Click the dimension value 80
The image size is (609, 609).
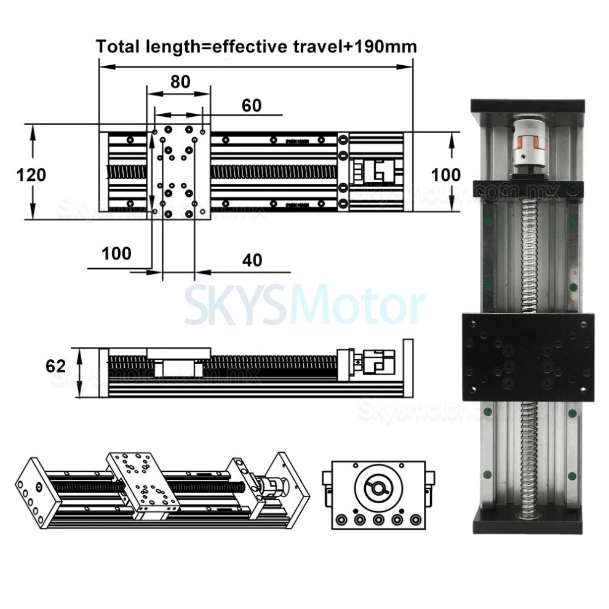pos(180,82)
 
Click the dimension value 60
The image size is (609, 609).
pos(251,106)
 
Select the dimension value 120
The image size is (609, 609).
pos(31,175)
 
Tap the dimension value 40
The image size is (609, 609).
pos(252,260)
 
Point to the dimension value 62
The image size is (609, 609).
pos(55,366)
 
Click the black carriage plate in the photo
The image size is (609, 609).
pos(527,356)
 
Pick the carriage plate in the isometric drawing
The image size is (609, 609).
pos(143,479)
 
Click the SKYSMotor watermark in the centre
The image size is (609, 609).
pos(304,306)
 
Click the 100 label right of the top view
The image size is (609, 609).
pos(445,175)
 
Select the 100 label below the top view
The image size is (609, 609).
pos(117,253)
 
